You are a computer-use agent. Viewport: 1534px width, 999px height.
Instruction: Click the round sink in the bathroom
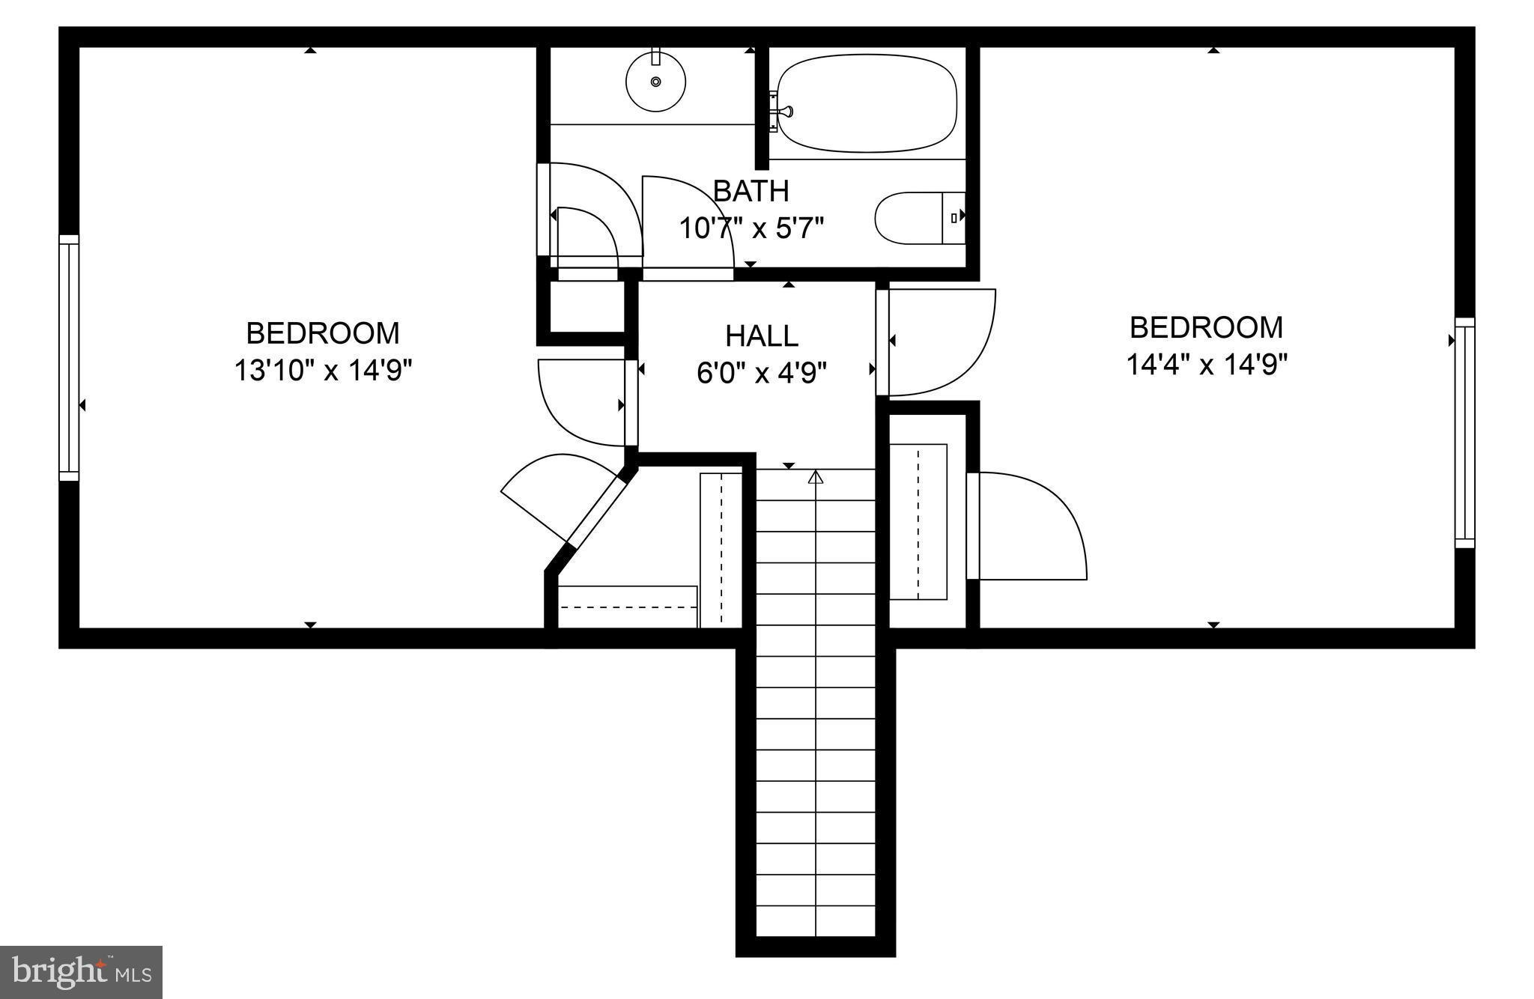[655, 81]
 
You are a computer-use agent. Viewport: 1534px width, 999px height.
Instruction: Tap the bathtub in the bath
[867, 103]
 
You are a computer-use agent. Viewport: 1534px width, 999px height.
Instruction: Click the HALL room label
[762, 335]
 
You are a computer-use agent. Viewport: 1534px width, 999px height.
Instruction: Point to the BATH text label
[751, 191]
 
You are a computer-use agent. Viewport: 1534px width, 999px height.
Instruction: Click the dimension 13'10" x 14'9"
[324, 370]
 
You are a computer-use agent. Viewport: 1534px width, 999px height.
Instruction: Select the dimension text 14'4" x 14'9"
[1207, 365]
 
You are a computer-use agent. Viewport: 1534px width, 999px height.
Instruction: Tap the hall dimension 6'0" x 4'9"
[762, 372]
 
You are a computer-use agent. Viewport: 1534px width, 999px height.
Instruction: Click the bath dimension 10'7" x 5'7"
[751, 228]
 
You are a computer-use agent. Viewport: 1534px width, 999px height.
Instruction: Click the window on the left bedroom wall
[69, 357]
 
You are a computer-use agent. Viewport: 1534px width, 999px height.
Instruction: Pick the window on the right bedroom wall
[1464, 433]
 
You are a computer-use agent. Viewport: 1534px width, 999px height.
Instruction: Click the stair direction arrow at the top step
[816, 476]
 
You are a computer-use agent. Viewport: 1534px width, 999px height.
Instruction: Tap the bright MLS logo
[81, 971]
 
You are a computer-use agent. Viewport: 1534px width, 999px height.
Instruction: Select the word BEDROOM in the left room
[323, 333]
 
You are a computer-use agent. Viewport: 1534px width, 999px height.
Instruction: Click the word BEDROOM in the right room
[1206, 327]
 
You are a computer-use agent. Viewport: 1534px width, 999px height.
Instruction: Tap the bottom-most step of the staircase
[816, 922]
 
